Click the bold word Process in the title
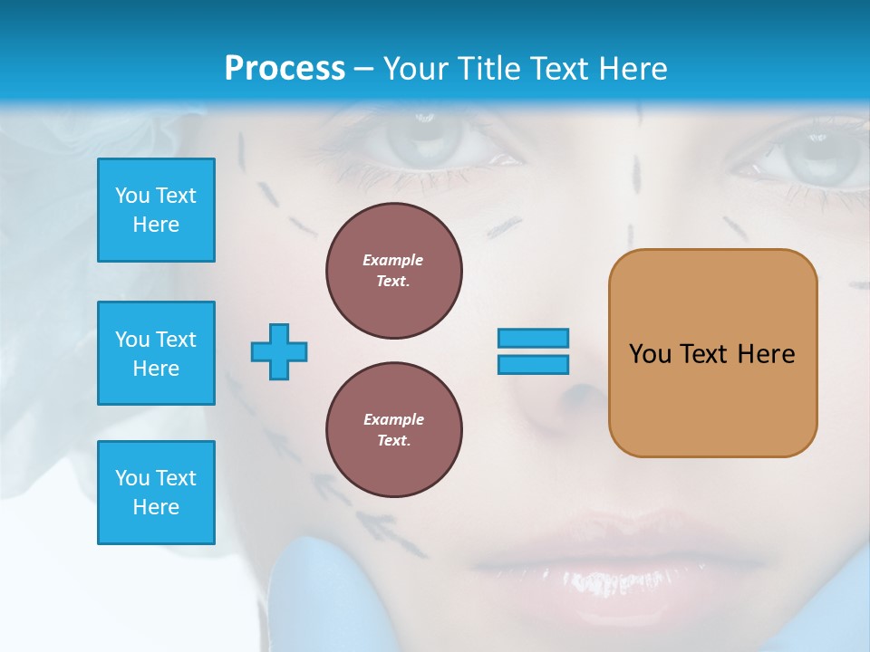pos(285,69)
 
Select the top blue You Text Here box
pos(156,210)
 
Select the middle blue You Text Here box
pos(156,353)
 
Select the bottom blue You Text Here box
pos(156,493)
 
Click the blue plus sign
pos(279,351)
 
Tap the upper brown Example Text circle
pos(394,271)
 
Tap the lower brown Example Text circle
pos(394,430)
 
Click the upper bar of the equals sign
pos(533,339)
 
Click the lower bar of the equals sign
pos(533,365)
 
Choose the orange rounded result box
pos(712,398)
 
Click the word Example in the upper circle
pos(392,260)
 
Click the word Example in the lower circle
pos(393,419)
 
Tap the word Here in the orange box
pos(766,354)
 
